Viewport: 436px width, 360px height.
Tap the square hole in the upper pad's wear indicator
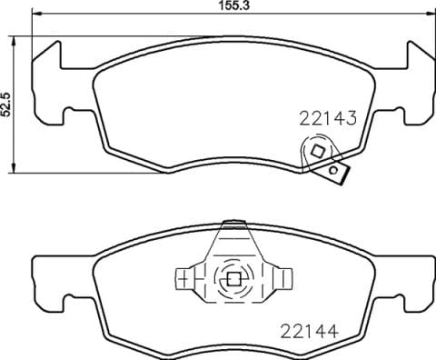tap(318, 151)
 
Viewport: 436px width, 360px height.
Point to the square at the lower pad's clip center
tap(232, 279)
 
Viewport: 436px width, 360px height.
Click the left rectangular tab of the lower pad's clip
tap(184, 277)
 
